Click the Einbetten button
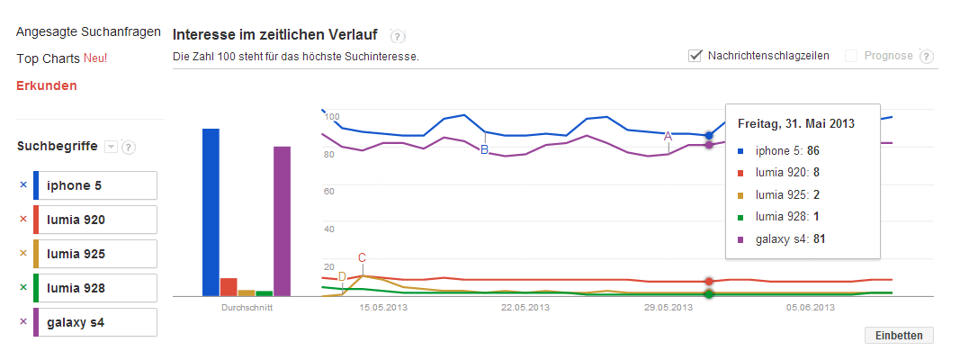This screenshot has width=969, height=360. [899, 335]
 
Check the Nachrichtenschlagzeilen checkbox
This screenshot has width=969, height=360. [695, 56]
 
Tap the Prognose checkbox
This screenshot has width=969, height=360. [851, 56]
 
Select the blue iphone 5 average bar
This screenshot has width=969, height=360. [211, 212]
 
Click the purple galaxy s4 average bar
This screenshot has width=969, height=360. [282, 221]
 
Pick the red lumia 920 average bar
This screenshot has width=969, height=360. [229, 286]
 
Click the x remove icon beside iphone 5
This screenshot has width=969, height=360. [22, 185]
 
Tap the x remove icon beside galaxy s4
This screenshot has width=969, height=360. [22, 322]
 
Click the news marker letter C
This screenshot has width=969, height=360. [362, 258]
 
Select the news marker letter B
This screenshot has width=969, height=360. [484, 149]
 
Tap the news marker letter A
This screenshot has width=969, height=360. [668, 136]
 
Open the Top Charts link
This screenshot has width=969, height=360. [49, 58]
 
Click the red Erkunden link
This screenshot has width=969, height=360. [46, 85]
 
